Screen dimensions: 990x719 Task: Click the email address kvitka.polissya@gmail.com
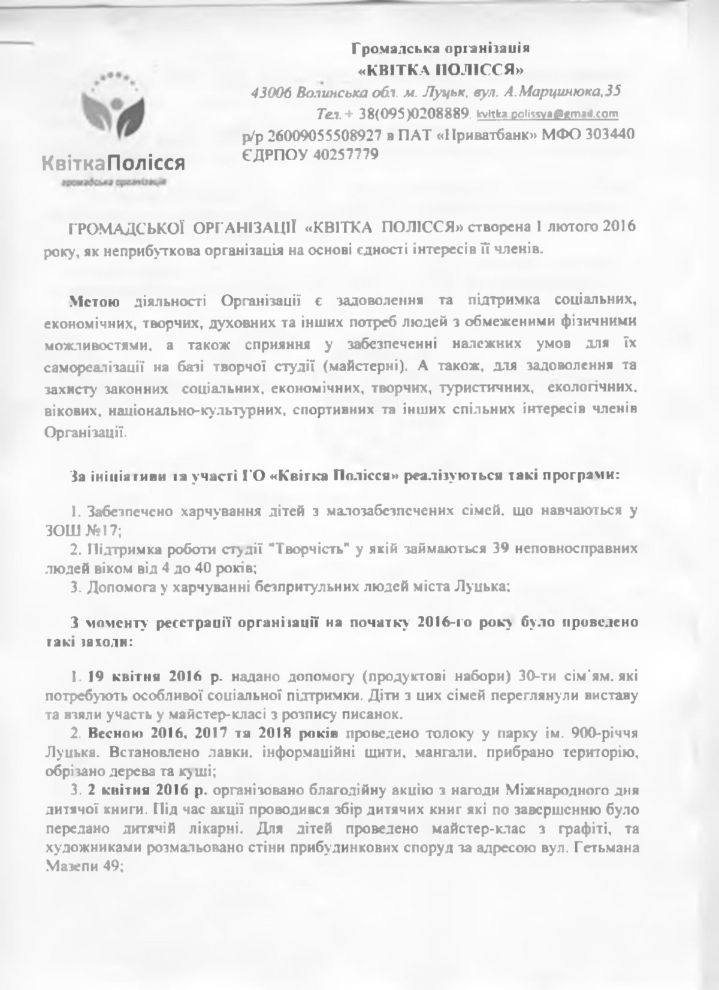(547, 114)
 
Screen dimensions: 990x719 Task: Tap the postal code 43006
(271, 92)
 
